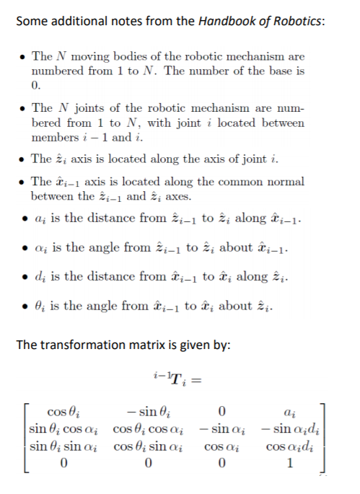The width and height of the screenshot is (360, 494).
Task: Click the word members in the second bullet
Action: pos(53,137)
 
